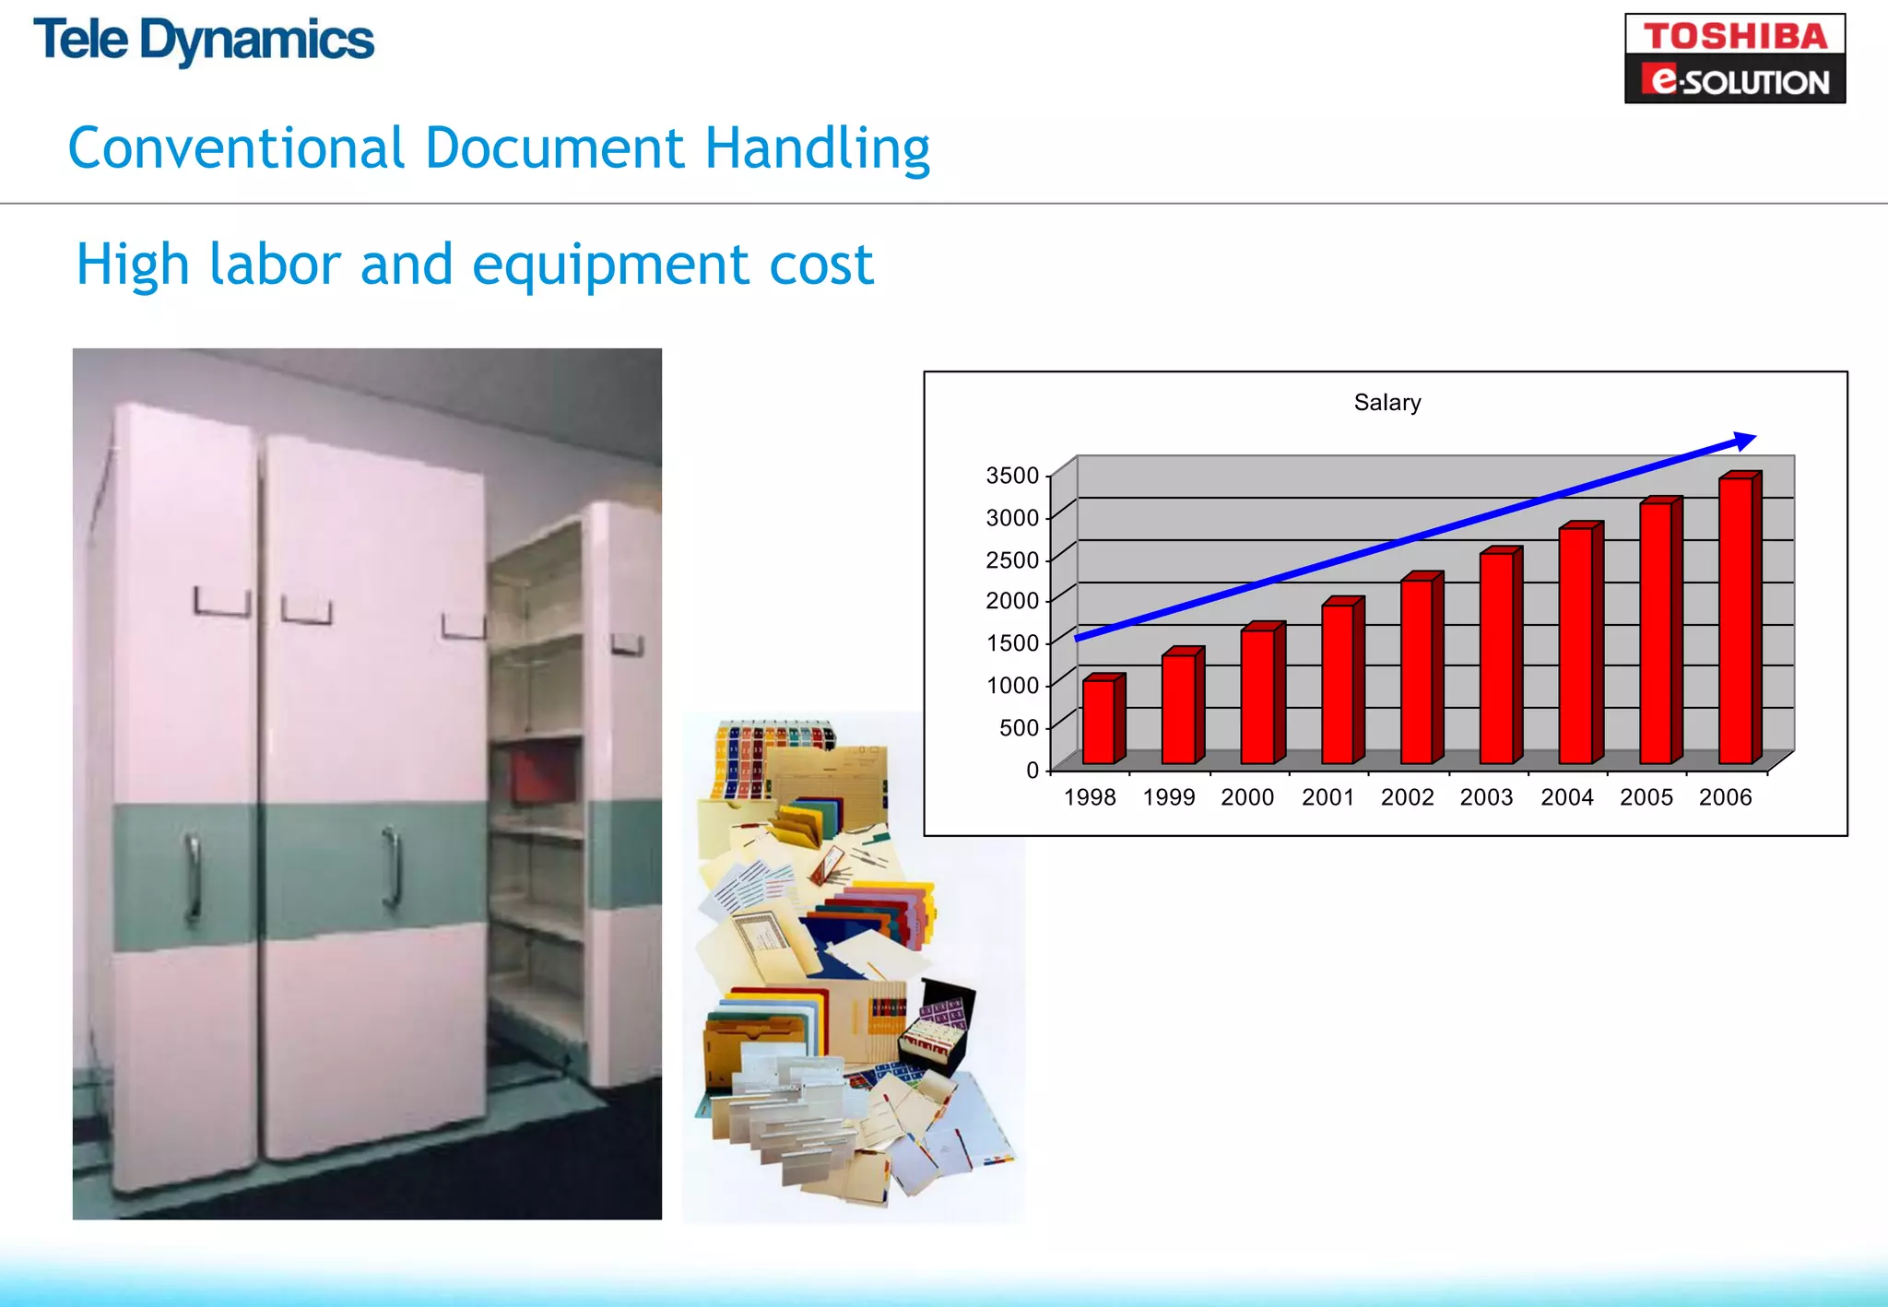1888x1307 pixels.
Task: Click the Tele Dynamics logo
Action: pyautogui.click(x=204, y=41)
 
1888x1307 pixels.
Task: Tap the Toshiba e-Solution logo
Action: pyautogui.click(x=1734, y=58)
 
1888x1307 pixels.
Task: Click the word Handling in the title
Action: pyautogui.click(x=817, y=148)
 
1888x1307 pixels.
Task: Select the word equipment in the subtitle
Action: pyautogui.click(x=610, y=265)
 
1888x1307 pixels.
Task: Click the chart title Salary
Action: pyautogui.click(x=1386, y=403)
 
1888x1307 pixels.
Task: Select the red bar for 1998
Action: pyautogui.click(x=1100, y=722)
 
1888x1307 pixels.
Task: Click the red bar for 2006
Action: pyautogui.click(x=1737, y=620)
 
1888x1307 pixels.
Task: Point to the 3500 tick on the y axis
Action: pyautogui.click(x=1012, y=476)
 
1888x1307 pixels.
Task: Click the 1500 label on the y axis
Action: pyautogui.click(x=1012, y=643)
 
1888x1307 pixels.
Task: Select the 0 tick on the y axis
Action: pyautogui.click(x=1032, y=770)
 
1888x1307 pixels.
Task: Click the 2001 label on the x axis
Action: pyautogui.click(x=1327, y=797)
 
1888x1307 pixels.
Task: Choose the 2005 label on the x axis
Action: pyautogui.click(x=1646, y=797)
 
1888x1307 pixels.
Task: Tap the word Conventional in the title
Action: pyautogui.click(x=236, y=148)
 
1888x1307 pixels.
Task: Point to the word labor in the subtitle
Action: pyautogui.click(x=275, y=265)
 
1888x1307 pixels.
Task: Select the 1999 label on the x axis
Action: pyautogui.click(x=1168, y=797)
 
